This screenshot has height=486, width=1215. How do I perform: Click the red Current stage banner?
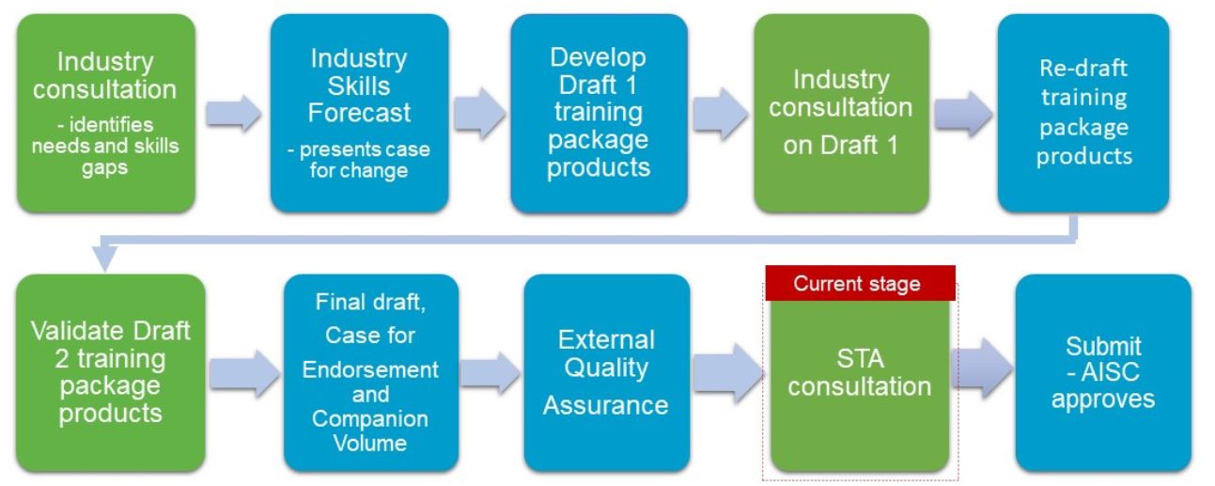click(860, 283)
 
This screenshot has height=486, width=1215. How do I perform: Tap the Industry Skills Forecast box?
click(360, 113)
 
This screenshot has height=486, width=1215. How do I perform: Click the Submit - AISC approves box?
click(1103, 373)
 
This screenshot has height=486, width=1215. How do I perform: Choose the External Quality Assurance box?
click(607, 373)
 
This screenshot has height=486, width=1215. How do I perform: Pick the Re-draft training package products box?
click(1083, 113)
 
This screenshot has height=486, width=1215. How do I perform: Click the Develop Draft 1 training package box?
click(600, 113)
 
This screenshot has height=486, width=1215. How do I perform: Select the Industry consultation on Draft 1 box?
click(841, 113)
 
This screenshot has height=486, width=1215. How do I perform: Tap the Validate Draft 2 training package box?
click(111, 373)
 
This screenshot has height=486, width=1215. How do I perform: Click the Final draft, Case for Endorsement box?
click(371, 373)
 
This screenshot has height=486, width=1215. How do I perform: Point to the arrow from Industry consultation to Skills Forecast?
click(233, 114)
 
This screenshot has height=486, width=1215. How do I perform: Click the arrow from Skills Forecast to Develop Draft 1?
click(479, 114)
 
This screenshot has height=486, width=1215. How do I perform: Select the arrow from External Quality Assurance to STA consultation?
click(728, 372)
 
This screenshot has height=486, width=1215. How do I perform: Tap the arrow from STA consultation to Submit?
click(982, 368)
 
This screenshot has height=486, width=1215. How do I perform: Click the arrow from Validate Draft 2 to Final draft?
click(244, 373)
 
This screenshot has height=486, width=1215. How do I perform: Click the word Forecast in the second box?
click(359, 113)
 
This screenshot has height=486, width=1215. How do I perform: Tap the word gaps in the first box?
click(104, 168)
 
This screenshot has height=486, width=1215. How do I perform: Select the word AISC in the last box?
click(1111, 372)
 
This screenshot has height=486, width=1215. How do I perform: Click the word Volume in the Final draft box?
click(370, 443)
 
